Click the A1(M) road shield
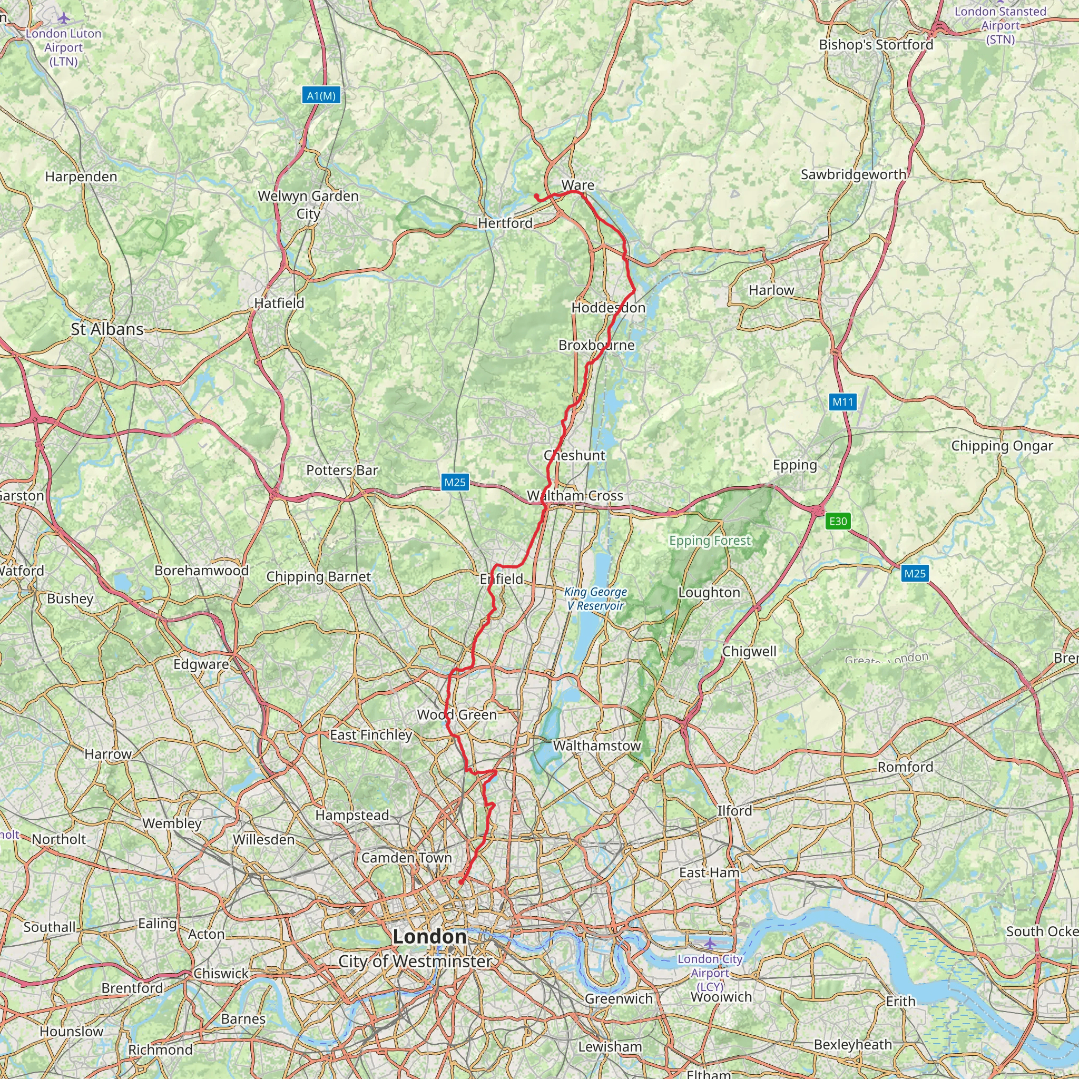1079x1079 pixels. (321, 95)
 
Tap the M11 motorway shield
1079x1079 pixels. (843, 401)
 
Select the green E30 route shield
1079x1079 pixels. (838, 521)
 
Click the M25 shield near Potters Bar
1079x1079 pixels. (455, 482)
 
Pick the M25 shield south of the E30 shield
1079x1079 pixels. (915, 573)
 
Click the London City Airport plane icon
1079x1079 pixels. (709, 943)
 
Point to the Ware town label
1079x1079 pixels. (577, 185)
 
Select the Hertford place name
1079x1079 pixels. (505, 223)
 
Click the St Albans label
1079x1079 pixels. (107, 329)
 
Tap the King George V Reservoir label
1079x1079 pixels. (595, 598)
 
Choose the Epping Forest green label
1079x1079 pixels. (710, 540)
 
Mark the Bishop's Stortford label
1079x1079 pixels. (876, 45)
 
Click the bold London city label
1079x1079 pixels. (429, 936)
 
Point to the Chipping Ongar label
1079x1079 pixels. (1002, 446)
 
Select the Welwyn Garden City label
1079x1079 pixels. (308, 204)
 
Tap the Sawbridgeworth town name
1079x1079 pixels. (854, 174)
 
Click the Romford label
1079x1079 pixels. (905, 767)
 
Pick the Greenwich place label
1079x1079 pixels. (619, 998)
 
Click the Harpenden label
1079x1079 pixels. (81, 176)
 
